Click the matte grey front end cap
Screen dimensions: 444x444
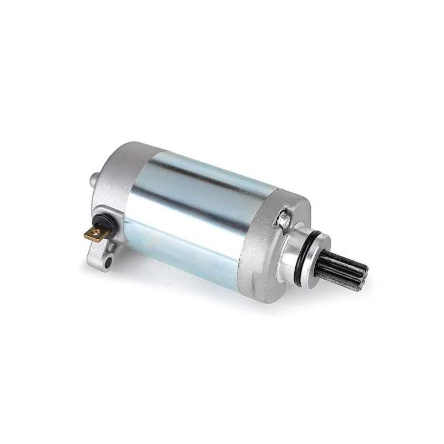[261, 244]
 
